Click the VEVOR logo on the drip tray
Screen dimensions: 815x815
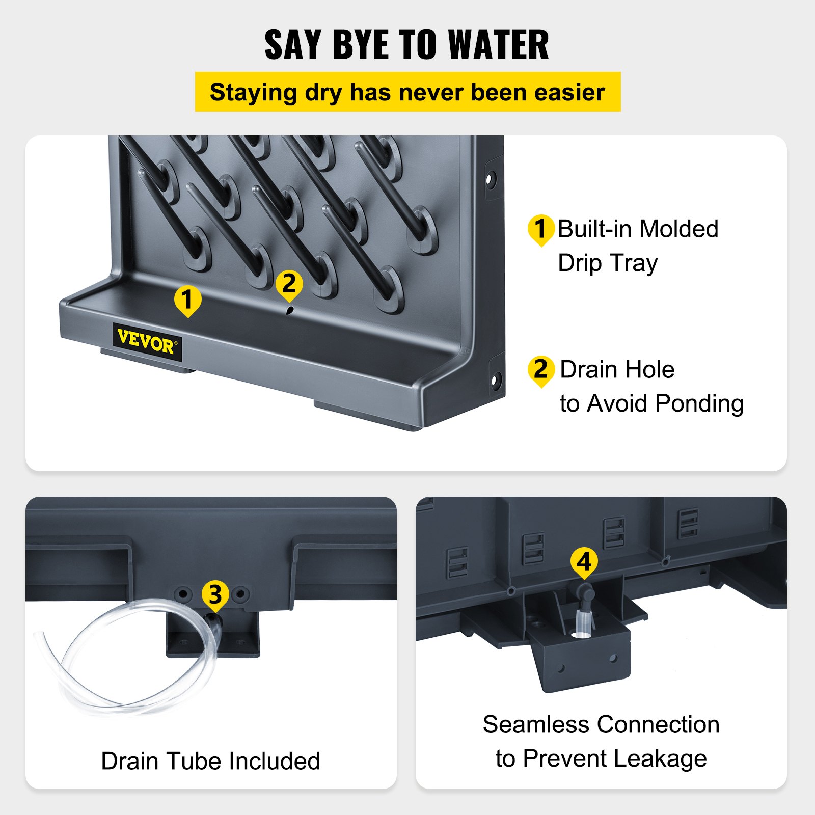pos(147,342)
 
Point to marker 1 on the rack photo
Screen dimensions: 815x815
pos(187,301)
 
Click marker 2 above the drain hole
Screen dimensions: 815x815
pos(289,285)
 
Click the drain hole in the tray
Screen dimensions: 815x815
pos(290,310)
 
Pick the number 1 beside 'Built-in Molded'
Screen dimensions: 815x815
pos(541,230)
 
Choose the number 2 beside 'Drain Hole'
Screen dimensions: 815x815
pos(541,370)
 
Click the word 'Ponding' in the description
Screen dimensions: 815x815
pos(699,404)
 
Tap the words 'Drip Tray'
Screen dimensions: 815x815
pos(608,263)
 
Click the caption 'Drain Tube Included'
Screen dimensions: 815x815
pos(210,761)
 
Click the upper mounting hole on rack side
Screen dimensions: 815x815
pos(491,179)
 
